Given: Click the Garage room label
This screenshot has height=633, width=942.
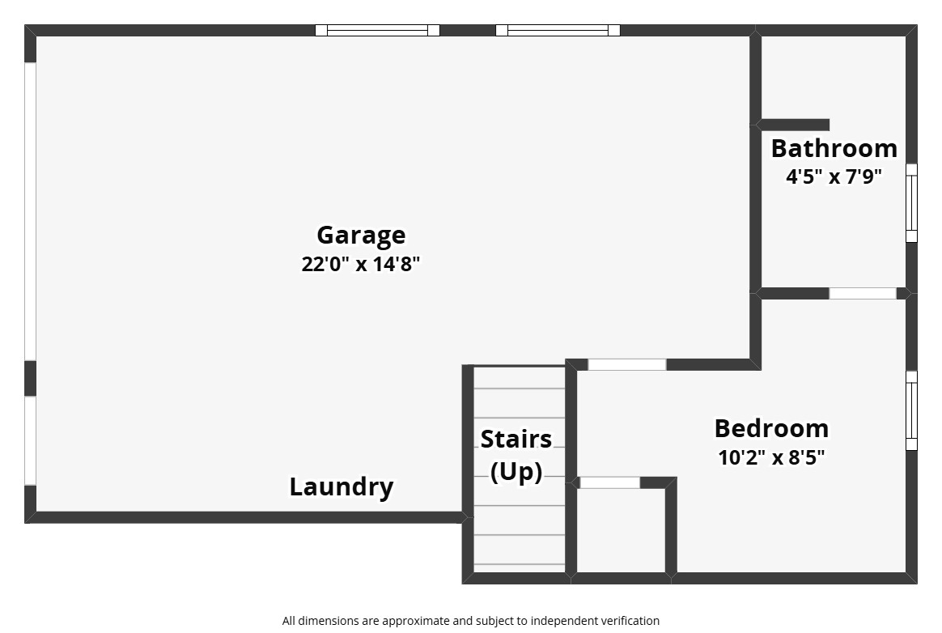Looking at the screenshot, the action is click(x=361, y=235).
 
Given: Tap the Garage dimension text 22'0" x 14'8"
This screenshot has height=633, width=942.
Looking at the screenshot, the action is click(x=360, y=264).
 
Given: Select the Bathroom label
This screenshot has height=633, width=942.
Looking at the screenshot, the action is click(x=834, y=148).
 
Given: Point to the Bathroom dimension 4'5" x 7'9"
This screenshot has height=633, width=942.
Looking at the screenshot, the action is click(x=834, y=176).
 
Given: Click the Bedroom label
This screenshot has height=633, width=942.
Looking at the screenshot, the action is click(x=771, y=429).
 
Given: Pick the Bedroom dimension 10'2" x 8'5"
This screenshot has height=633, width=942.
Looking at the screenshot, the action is click(x=771, y=457).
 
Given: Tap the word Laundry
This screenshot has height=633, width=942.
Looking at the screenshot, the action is click(x=342, y=487).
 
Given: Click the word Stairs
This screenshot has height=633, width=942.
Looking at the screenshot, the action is click(x=516, y=440).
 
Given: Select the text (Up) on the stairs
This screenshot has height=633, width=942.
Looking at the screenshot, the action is click(x=516, y=471).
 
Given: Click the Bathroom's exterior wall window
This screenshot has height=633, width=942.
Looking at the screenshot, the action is click(x=911, y=203).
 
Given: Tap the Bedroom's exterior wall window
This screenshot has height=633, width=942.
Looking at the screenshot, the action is click(x=911, y=410).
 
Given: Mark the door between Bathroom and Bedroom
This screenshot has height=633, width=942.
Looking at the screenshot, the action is click(x=863, y=293).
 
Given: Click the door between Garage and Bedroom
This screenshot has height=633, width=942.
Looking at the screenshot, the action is click(x=626, y=364).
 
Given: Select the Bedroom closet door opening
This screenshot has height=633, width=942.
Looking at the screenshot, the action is click(x=609, y=482).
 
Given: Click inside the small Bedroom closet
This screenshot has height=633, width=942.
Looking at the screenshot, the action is click(x=622, y=530).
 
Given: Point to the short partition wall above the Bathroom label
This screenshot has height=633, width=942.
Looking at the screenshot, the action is click(x=793, y=125).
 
